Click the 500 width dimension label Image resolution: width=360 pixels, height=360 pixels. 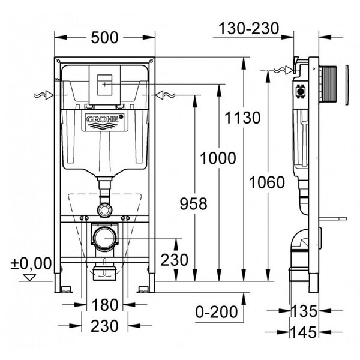pos(104,38)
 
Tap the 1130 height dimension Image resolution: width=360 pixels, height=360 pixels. pos(242,118)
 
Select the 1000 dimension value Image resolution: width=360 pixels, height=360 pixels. pos(218,158)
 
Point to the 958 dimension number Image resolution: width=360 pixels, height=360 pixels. pos(193,204)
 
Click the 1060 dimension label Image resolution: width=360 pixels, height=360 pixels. pos(267,182)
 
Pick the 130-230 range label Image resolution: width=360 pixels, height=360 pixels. pos(248,28)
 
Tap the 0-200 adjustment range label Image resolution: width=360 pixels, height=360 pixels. pos(217,312)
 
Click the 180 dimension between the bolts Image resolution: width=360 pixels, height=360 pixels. pos(105,305)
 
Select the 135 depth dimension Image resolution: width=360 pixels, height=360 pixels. pos(304,311)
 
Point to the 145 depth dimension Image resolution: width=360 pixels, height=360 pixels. pos(304,332)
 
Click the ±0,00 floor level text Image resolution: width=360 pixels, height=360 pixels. pos(31,263)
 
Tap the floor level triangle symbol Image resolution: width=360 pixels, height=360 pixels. pos(30,277)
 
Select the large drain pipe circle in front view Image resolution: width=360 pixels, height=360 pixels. pos(104,238)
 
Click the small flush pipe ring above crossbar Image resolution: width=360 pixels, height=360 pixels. pos(104,210)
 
